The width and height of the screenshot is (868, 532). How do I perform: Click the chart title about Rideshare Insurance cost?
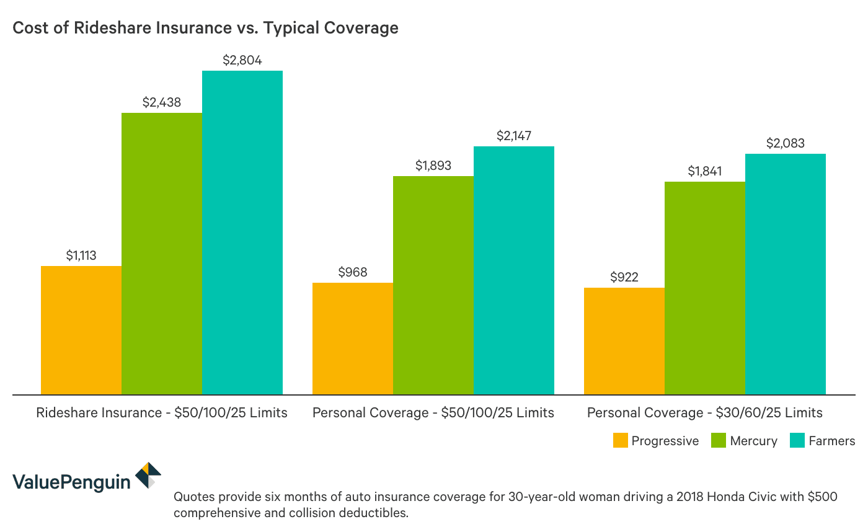pos(205,28)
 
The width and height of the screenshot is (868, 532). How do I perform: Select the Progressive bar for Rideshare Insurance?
pos(81,330)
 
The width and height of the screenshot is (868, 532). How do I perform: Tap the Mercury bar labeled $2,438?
pos(162,253)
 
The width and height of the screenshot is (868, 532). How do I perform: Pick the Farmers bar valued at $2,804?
pos(242,232)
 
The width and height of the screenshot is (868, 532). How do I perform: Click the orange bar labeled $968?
pos(353,338)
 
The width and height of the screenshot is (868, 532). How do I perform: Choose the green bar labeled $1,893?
pos(433,285)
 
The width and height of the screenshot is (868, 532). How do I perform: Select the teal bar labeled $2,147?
pos(514,270)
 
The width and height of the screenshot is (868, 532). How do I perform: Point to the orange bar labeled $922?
pos(624,340)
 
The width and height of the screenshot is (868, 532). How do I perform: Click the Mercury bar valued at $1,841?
pos(705,288)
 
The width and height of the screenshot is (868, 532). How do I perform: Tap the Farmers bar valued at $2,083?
pos(786,273)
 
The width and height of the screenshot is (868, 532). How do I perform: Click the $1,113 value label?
pos(81,255)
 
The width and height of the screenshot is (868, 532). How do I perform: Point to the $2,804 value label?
pos(242,60)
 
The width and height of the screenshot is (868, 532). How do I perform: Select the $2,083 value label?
pos(786,143)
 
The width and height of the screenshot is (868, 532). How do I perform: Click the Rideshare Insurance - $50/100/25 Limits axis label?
pos(162,412)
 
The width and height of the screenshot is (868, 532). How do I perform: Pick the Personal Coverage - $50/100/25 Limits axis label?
pos(433,412)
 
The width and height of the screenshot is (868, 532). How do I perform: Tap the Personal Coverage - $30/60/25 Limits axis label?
pos(705,412)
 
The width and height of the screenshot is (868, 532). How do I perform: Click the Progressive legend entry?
pos(655,441)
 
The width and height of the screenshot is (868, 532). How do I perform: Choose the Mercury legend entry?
pos(743,441)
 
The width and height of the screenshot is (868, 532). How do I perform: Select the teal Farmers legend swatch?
pos(799,440)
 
